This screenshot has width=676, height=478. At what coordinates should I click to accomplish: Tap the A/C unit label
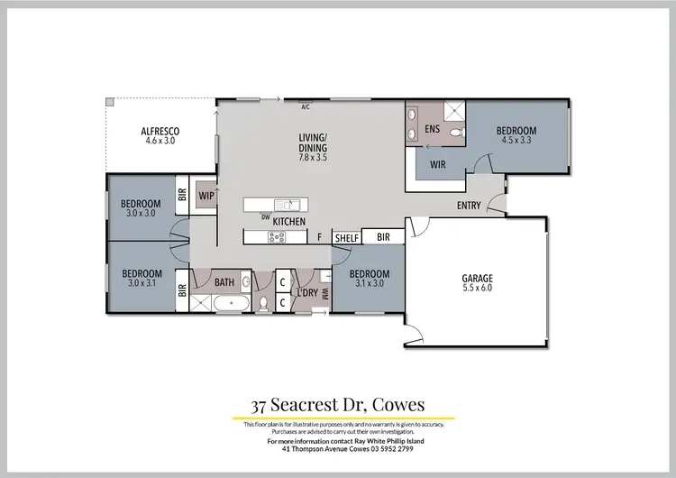click(x=306, y=106)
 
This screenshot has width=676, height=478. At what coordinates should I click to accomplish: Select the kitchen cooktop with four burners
click(x=277, y=237)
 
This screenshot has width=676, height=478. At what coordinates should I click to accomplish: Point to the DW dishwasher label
click(x=266, y=216)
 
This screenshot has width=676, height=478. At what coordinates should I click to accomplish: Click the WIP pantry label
click(x=206, y=195)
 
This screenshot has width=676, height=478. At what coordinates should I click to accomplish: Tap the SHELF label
click(x=347, y=237)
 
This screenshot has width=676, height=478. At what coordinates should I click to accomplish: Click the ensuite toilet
click(x=455, y=133)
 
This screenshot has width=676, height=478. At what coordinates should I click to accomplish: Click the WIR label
click(x=438, y=165)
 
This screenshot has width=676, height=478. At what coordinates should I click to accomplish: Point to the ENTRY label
click(x=469, y=206)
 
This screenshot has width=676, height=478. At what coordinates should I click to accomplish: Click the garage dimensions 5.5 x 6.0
click(x=478, y=290)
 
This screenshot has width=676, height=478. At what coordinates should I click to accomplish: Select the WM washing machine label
click(x=324, y=292)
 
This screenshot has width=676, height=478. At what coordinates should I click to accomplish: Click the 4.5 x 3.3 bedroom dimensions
click(x=516, y=141)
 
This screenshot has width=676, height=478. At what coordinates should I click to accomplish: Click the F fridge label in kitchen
click(x=320, y=237)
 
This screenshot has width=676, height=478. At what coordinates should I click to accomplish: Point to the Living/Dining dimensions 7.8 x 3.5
click(x=313, y=157)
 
